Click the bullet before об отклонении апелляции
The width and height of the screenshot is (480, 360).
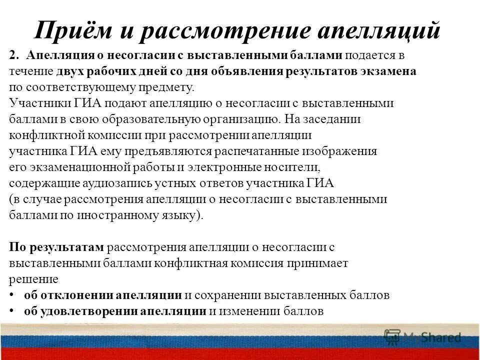(x=11, y=295)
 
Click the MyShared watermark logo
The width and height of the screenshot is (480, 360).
(x=423, y=337)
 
